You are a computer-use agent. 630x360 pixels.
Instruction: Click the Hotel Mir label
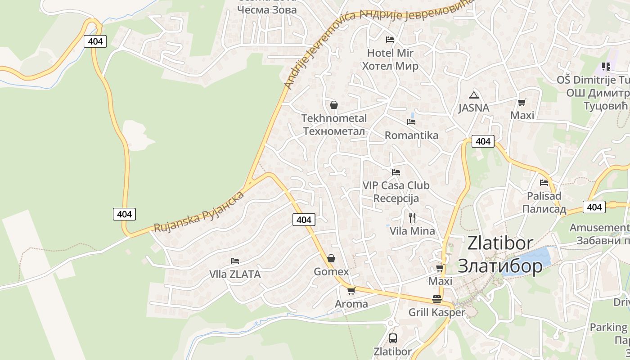tap(390, 53)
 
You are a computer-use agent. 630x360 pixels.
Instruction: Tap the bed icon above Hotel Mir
tap(390, 40)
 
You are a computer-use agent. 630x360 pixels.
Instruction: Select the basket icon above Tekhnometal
tap(334, 105)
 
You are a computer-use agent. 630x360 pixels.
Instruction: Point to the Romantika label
tap(411, 135)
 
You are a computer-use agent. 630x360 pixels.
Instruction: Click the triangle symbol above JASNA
tap(473, 95)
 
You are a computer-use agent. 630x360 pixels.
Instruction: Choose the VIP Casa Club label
tap(396, 185)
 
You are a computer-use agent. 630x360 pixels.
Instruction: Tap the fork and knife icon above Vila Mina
tap(412, 218)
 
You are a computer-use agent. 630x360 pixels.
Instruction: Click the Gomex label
tap(331, 272)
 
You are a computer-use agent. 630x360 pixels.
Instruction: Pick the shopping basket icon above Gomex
tap(331, 258)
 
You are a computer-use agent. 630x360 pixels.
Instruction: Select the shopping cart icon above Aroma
tap(351, 291)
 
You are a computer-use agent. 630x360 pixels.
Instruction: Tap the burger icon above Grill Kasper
tap(436, 299)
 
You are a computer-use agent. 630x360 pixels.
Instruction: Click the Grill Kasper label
tap(436, 312)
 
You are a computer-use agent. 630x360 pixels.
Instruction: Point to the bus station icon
tap(392, 338)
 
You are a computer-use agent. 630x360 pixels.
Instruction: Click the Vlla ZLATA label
tap(235, 274)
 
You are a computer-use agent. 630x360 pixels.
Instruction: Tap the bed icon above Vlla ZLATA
tap(234, 261)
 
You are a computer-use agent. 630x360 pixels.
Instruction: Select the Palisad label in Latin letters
tap(544, 196)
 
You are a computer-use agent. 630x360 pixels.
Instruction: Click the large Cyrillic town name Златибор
tap(500, 266)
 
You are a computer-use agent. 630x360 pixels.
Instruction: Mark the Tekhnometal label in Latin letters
tap(334, 118)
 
